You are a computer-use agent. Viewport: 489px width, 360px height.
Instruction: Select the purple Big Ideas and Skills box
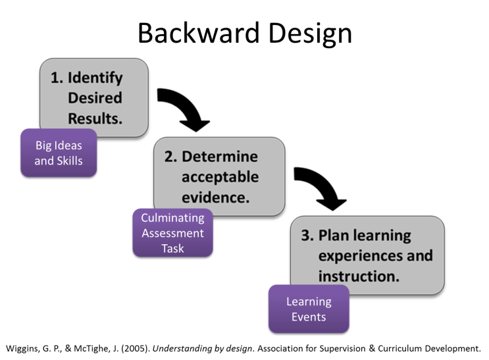[x=59, y=153]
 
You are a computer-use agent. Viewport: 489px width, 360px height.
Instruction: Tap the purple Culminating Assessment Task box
[x=173, y=233]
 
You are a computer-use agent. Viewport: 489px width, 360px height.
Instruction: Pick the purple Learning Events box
[x=309, y=309]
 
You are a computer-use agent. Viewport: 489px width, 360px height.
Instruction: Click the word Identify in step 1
[x=95, y=78]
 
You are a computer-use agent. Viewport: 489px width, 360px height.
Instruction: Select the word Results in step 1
[x=95, y=118]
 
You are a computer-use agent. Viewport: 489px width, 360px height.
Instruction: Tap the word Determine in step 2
[x=220, y=157]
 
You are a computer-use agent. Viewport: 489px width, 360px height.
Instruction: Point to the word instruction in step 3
[x=359, y=276]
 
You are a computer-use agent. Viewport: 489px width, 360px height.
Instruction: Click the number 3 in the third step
[x=307, y=236]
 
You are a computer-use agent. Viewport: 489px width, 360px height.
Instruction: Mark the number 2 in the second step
[x=169, y=157]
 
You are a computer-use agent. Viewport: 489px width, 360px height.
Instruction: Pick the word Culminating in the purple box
[x=173, y=218]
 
